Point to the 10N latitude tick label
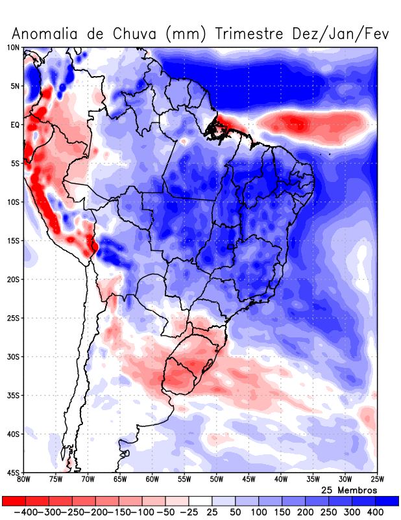pyautogui.click(x=13, y=47)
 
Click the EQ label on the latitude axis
pyautogui.click(x=14, y=125)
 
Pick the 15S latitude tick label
pyautogui.click(x=13, y=240)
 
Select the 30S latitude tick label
pyautogui.click(x=13, y=356)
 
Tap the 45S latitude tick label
pyautogui.click(x=13, y=472)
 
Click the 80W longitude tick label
pyautogui.click(x=24, y=480)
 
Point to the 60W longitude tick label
pyautogui.click(x=152, y=480)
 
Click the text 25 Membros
pyautogui.click(x=349, y=489)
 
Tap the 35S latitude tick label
pyautogui.click(x=13, y=395)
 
